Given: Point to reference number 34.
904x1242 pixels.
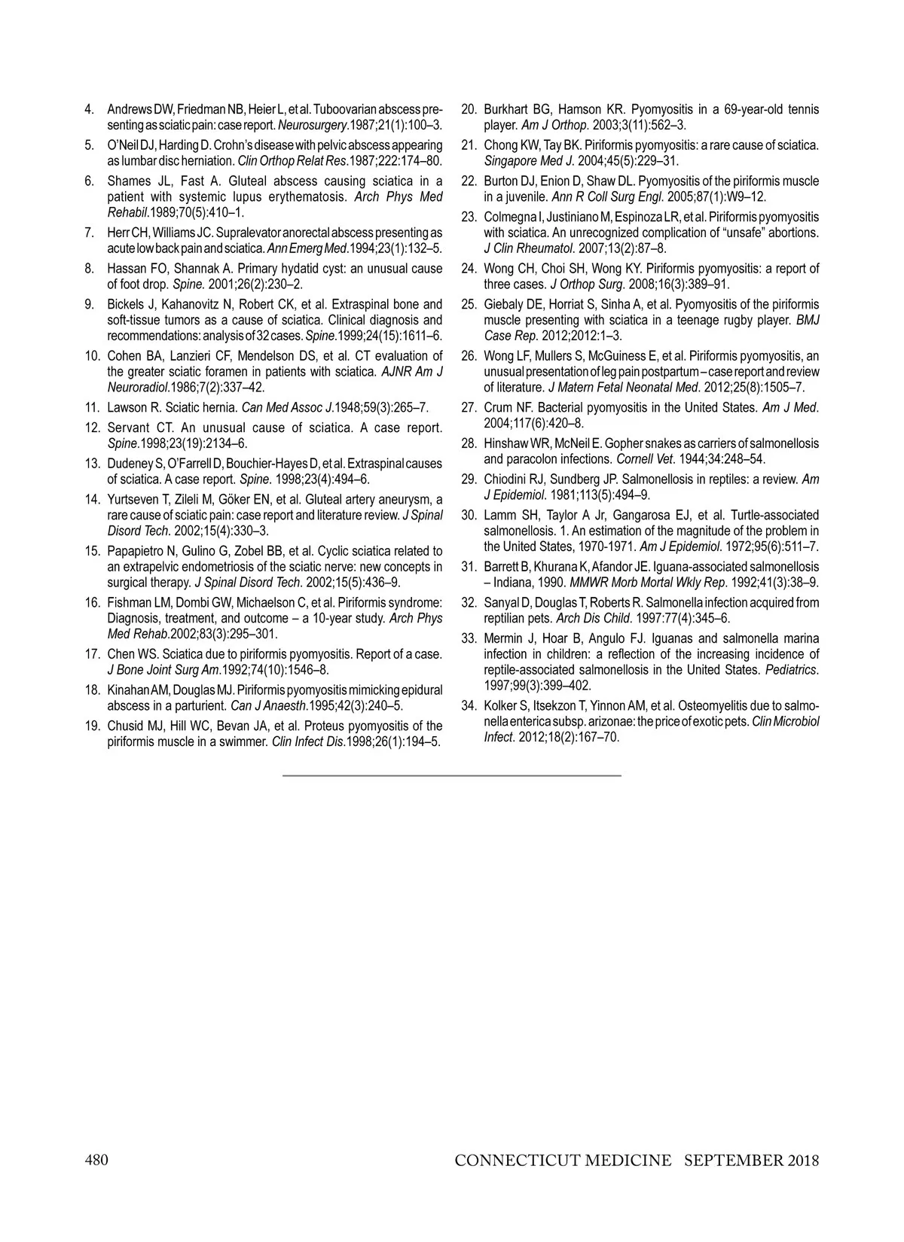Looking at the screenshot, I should (x=469, y=706).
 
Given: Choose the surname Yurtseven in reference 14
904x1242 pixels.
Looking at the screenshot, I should (x=133, y=500).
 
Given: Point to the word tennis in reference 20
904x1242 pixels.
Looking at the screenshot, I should (x=802, y=110).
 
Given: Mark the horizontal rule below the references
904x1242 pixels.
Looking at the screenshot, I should (x=452, y=775).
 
